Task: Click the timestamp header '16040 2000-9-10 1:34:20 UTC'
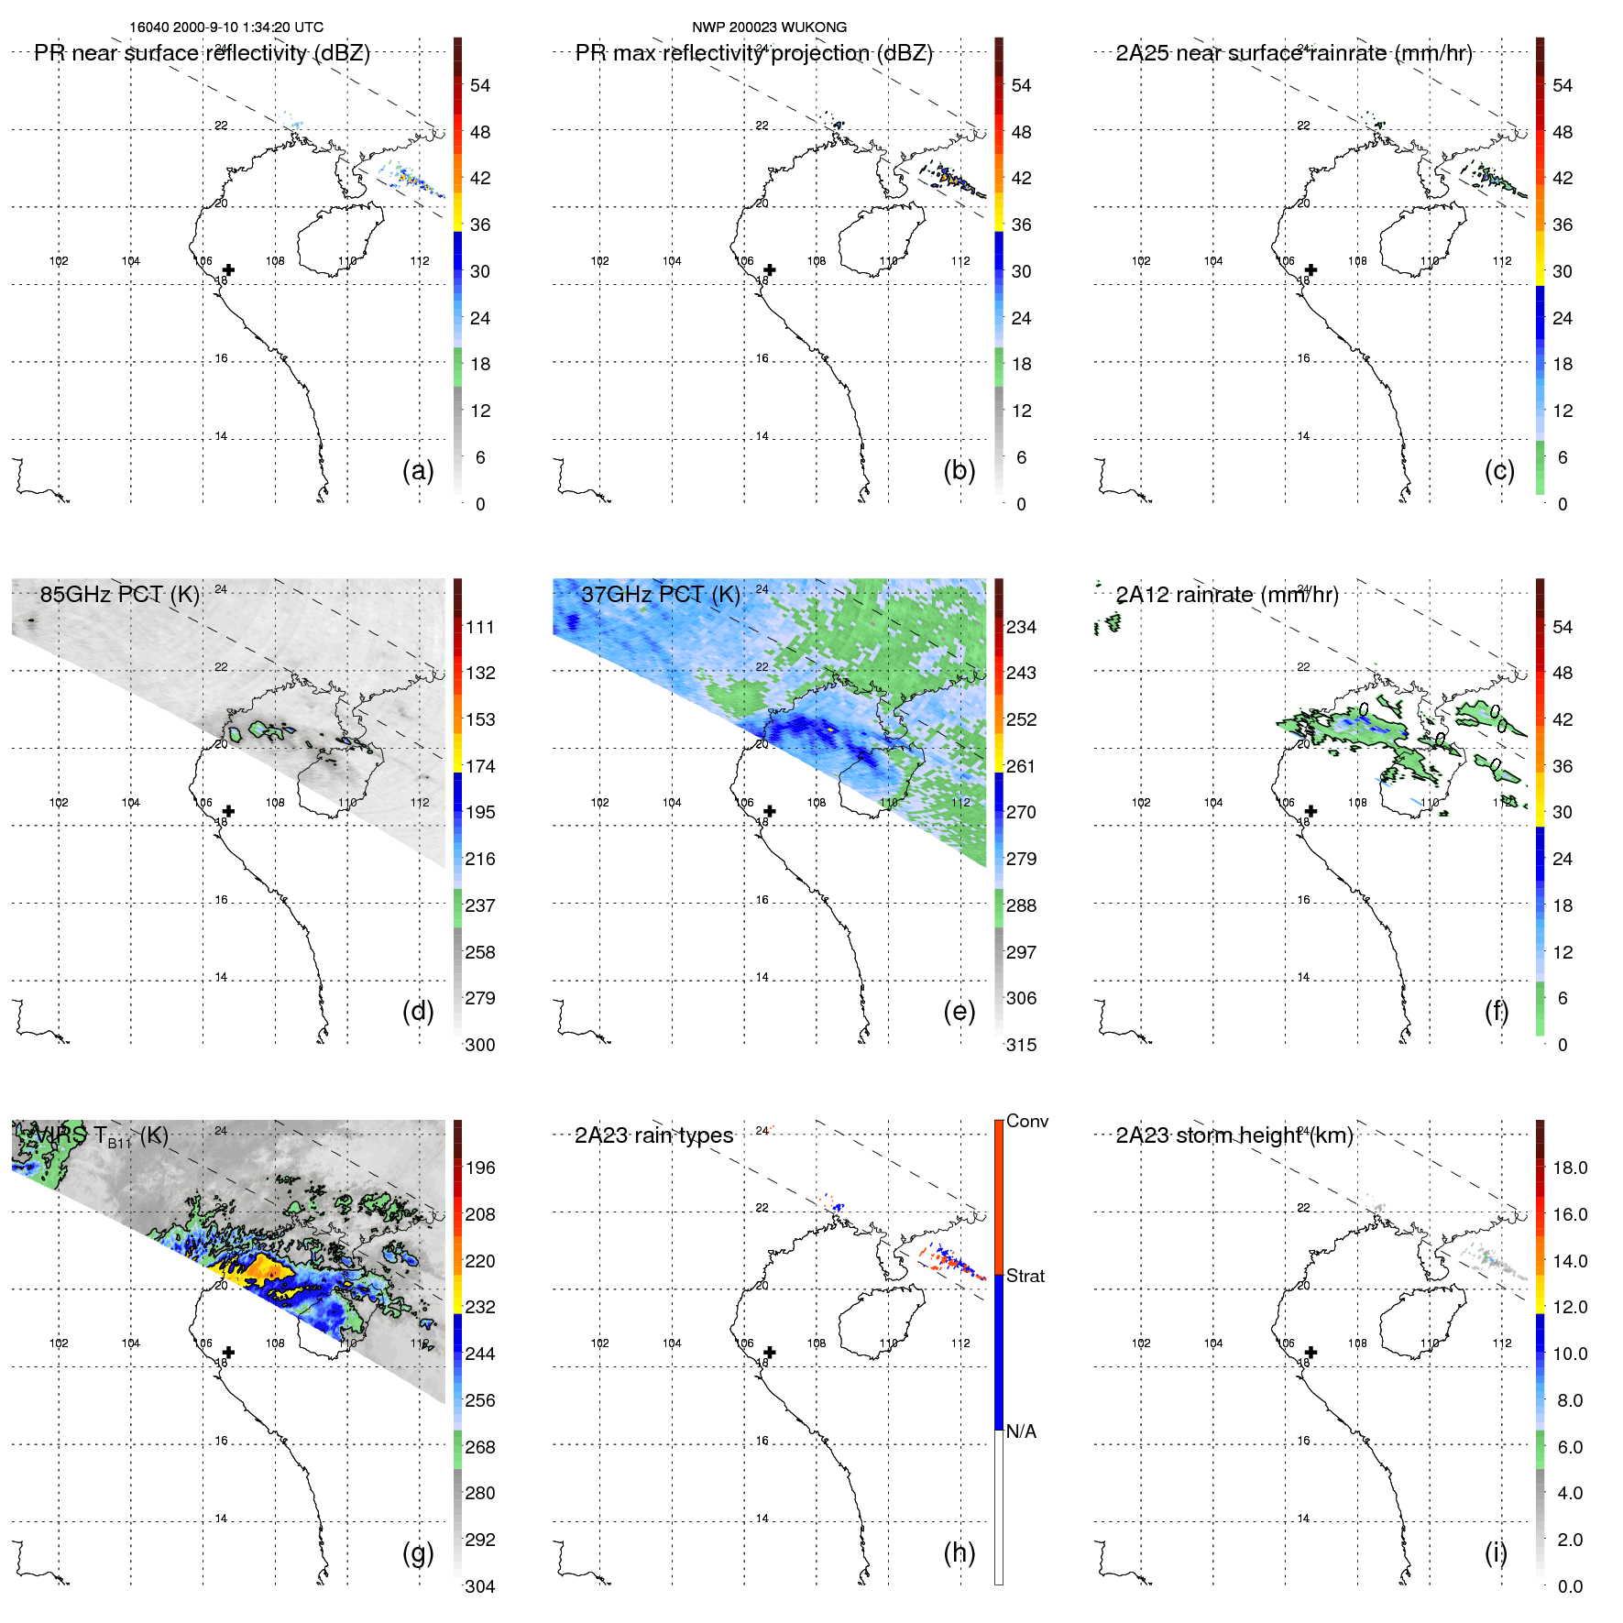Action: pos(226,27)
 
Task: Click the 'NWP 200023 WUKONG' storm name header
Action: pos(769,27)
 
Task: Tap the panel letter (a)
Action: pos(418,470)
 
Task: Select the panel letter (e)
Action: pos(959,1011)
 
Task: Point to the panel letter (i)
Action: pos(1496,1552)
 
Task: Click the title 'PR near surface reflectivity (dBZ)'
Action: pos(202,53)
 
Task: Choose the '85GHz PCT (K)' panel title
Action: pos(119,594)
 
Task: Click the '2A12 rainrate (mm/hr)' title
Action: pos(1227,595)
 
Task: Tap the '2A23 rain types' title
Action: pos(653,1135)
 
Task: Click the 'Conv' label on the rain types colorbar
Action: pos(1026,1121)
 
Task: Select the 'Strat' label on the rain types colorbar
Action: pos(1025,1276)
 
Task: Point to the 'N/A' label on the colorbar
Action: pos(1021,1431)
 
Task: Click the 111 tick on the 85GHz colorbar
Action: pos(480,627)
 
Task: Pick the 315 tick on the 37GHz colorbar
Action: pos(1021,1045)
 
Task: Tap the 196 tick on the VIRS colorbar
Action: pos(480,1168)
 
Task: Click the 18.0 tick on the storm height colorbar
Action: pos(1570,1168)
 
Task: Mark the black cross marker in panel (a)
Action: pos(228,269)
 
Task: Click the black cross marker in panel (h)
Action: pos(770,1352)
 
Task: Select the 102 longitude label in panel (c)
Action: pos(1141,261)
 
